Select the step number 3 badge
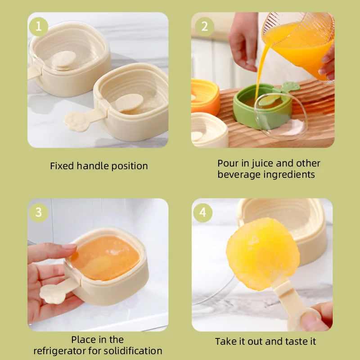[x=39, y=212]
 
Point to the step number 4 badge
[x=203, y=212]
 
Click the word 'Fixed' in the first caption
[x=62, y=166]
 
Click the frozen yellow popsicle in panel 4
[x=262, y=253]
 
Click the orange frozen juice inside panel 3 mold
[x=104, y=258]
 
